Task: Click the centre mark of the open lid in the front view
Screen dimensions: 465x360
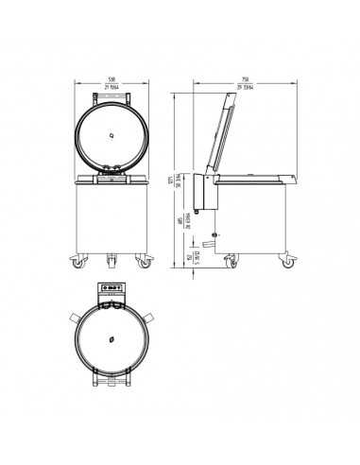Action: pos(113,134)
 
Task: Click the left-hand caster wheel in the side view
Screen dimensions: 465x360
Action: pos(232,261)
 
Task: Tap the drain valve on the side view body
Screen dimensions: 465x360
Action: pos(216,233)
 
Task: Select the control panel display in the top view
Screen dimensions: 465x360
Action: pos(112,291)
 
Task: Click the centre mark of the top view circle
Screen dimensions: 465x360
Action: pos(112,338)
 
